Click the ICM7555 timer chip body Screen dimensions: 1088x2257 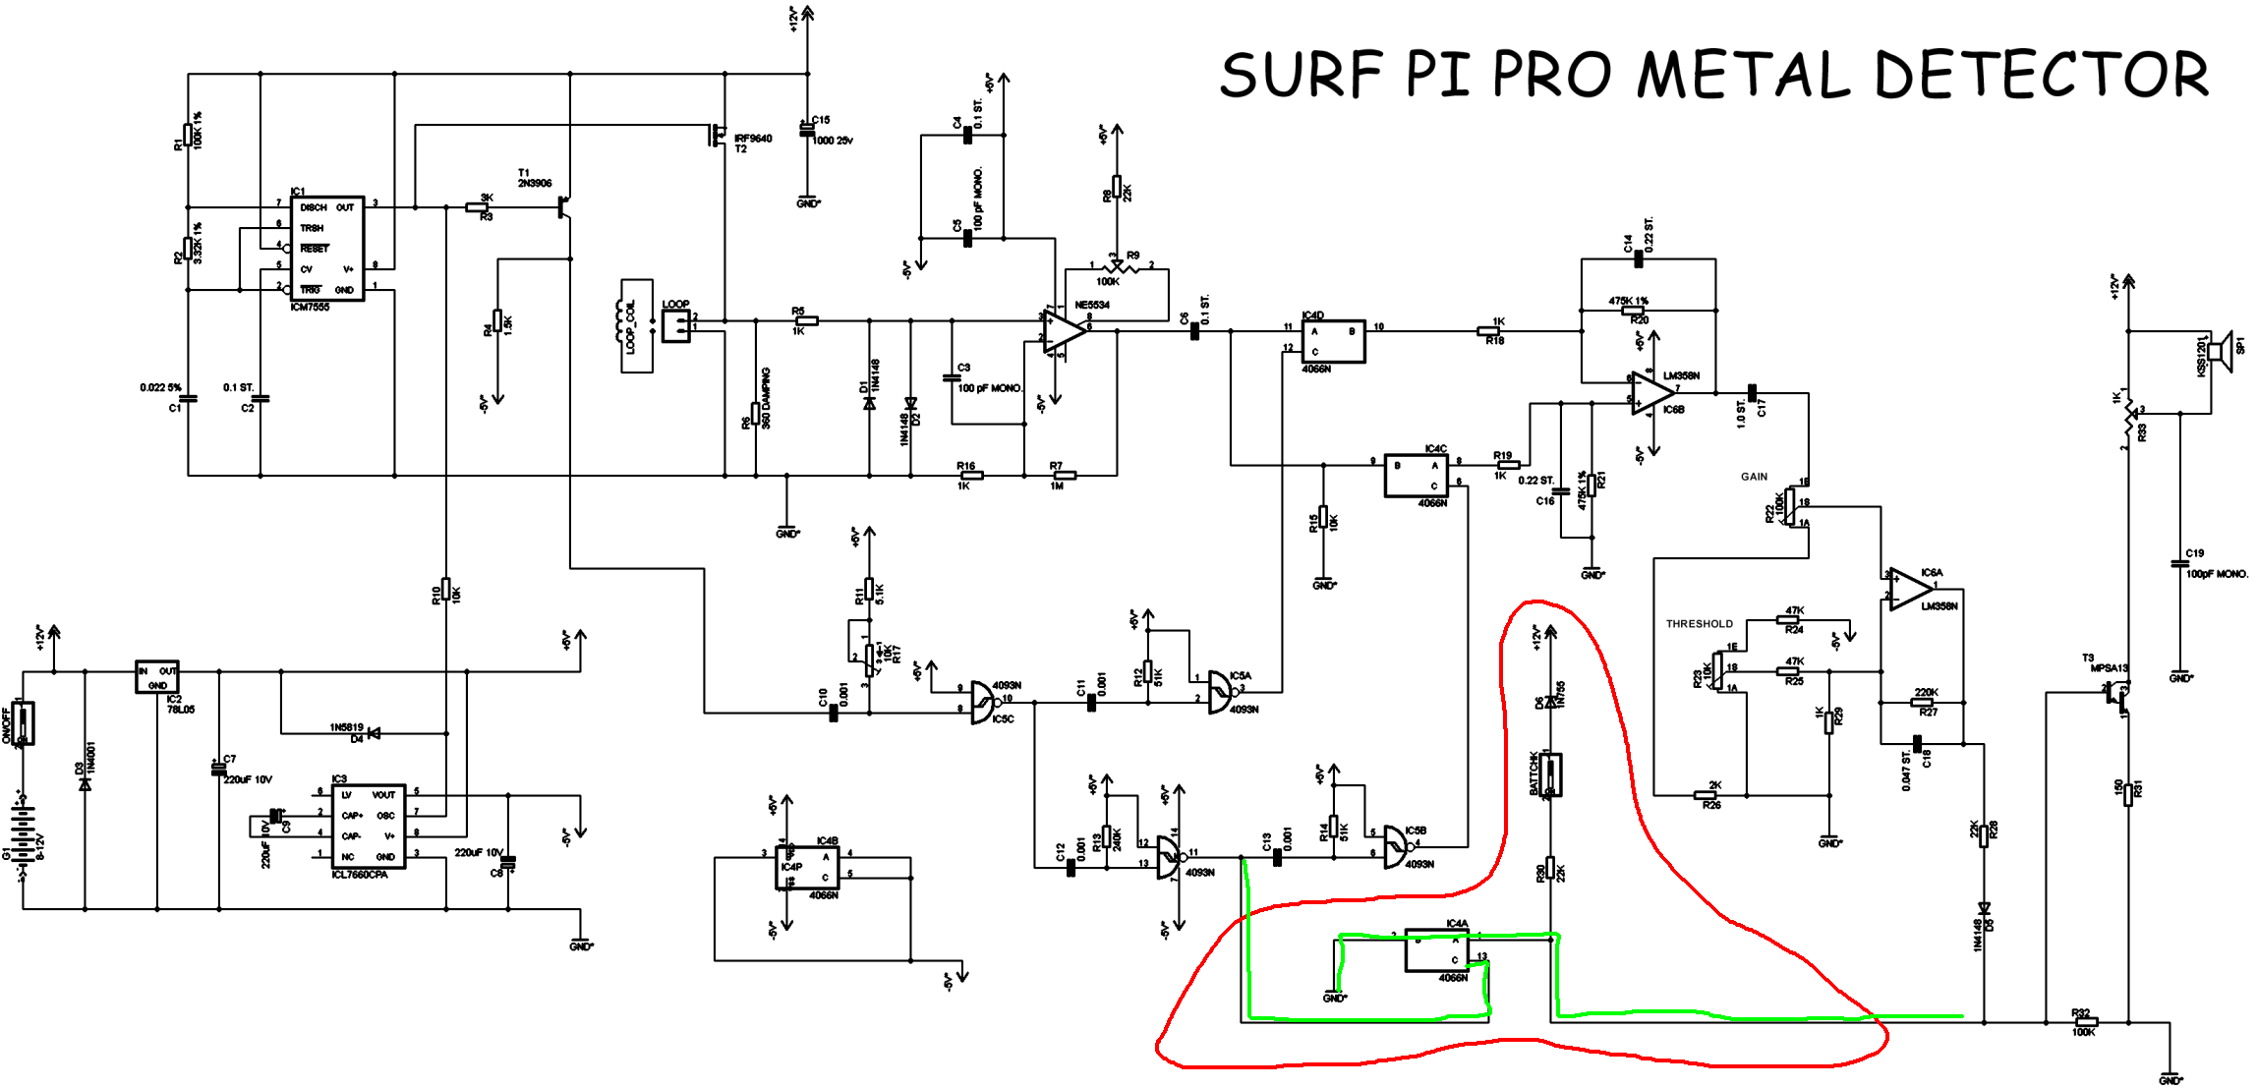(x=327, y=249)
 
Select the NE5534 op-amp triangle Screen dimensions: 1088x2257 (x=1064, y=331)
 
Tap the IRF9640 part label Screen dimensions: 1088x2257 (x=753, y=139)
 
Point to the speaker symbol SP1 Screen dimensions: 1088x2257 (x=2219, y=351)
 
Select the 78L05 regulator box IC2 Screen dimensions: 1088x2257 (x=156, y=677)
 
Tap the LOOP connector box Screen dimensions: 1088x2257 (x=676, y=326)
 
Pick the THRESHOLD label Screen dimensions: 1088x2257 (x=1699, y=624)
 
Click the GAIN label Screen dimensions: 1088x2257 (x=1754, y=477)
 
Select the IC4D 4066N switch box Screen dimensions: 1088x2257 (x=1333, y=341)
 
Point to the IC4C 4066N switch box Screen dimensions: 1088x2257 (x=1416, y=476)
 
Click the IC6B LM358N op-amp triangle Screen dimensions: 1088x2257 (x=1651, y=393)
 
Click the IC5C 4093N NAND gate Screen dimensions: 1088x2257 (x=983, y=702)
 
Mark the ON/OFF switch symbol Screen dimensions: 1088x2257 (x=23, y=723)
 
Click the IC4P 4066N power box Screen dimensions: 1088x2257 (x=807, y=867)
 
